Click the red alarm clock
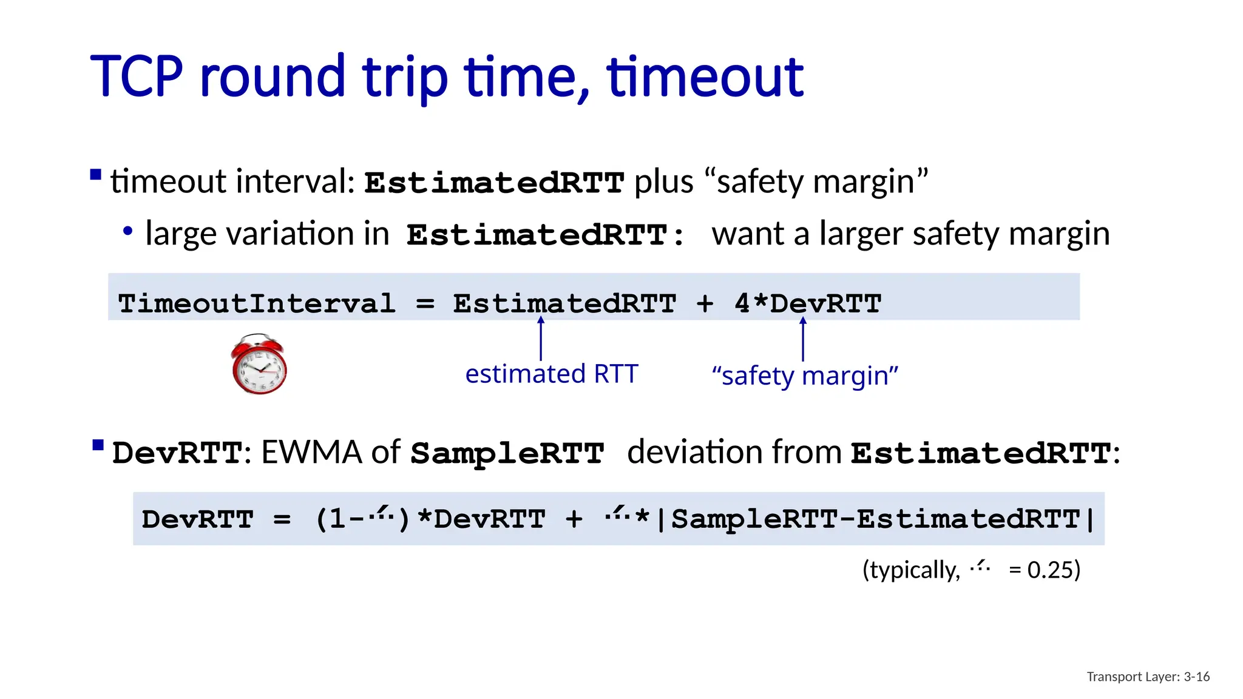tap(259, 365)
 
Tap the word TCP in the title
tap(137, 76)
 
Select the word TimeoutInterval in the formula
tap(256, 303)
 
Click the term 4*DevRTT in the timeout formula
tap(808, 303)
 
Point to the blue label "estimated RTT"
tap(551, 374)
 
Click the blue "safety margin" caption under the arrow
tap(805, 376)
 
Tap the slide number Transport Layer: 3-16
tap(1148, 677)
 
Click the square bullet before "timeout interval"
tap(95, 175)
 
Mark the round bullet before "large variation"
tap(127, 231)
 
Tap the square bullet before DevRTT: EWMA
tap(98, 446)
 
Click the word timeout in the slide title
tap(705, 76)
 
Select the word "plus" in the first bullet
tap(663, 182)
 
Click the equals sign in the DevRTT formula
tap(282, 519)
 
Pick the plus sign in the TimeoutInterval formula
tap(705, 303)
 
